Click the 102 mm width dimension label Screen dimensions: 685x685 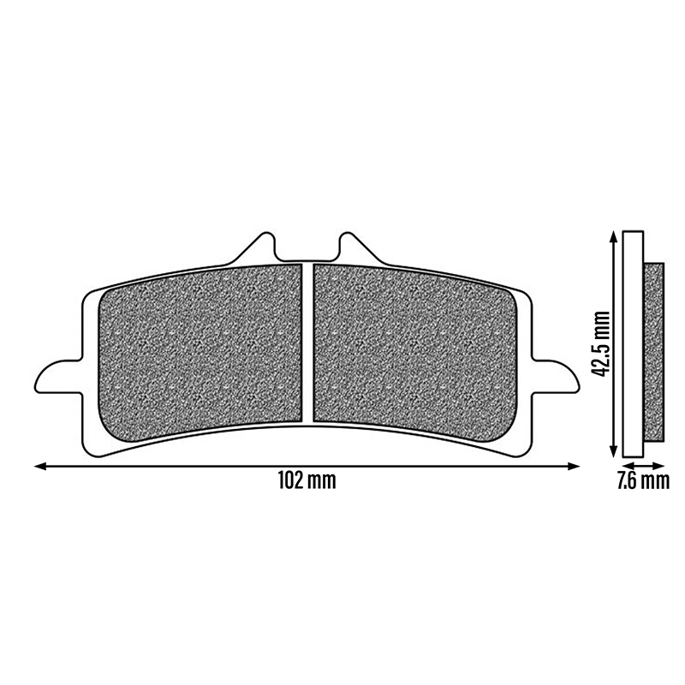(x=307, y=481)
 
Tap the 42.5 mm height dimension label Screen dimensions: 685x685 (x=599, y=344)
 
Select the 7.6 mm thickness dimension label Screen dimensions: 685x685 (x=643, y=480)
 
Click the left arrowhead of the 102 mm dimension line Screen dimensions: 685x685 (x=40, y=467)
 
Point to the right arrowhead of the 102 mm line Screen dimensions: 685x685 (x=574, y=467)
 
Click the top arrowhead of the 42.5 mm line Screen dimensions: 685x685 (x=613, y=237)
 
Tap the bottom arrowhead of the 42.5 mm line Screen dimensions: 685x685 (x=613, y=452)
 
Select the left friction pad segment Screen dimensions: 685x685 (x=200, y=351)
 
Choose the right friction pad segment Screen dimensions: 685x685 (x=415, y=351)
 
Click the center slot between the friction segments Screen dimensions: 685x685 (x=307, y=343)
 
